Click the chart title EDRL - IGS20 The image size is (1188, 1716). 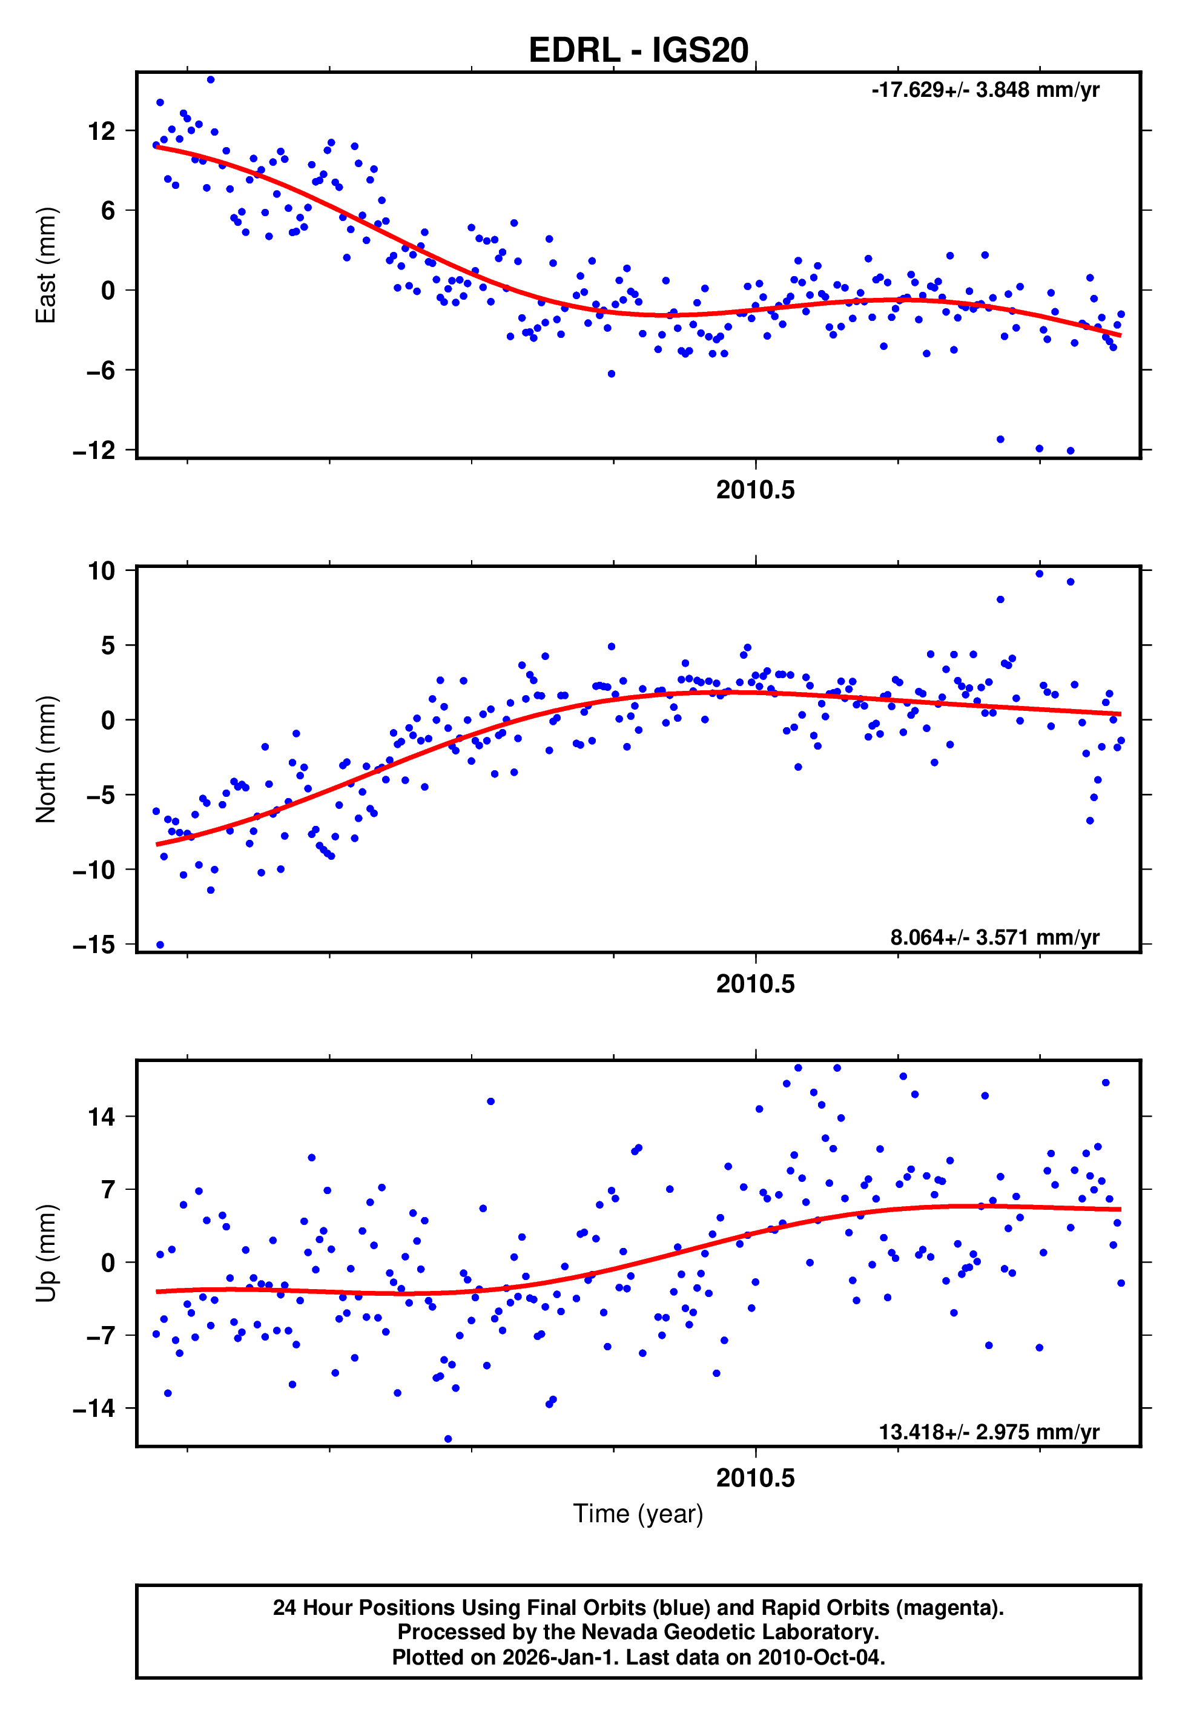(x=638, y=51)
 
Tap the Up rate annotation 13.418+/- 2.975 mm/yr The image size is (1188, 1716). (x=989, y=1432)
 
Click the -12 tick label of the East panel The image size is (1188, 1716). (x=94, y=451)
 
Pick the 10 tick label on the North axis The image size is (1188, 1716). (x=102, y=571)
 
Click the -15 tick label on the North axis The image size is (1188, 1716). (x=94, y=945)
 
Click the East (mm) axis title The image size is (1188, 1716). (x=46, y=265)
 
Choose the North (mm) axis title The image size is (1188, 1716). (x=46, y=759)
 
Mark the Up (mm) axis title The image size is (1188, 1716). (x=46, y=1253)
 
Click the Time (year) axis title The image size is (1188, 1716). (x=638, y=1514)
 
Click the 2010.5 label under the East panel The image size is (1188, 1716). (x=755, y=490)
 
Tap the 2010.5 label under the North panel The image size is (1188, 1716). (x=755, y=984)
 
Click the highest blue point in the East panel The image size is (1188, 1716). (x=211, y=79)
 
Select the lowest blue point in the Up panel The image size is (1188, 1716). (x=448, y=1439)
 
